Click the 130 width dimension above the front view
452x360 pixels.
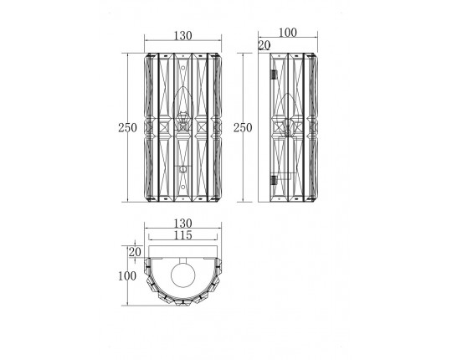click(182, 36)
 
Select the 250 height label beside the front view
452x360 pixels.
click(127, 127)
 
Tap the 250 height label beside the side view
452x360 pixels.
click(243, 127)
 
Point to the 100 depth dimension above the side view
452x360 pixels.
click(287, 33)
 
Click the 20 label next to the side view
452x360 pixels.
click(265, 45)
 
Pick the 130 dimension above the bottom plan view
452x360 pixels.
click(182, 224)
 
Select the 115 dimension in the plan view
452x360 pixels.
click(182, 235)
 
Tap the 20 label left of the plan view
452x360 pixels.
click(135, 252)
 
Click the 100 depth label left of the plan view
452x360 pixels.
click(127, 276)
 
